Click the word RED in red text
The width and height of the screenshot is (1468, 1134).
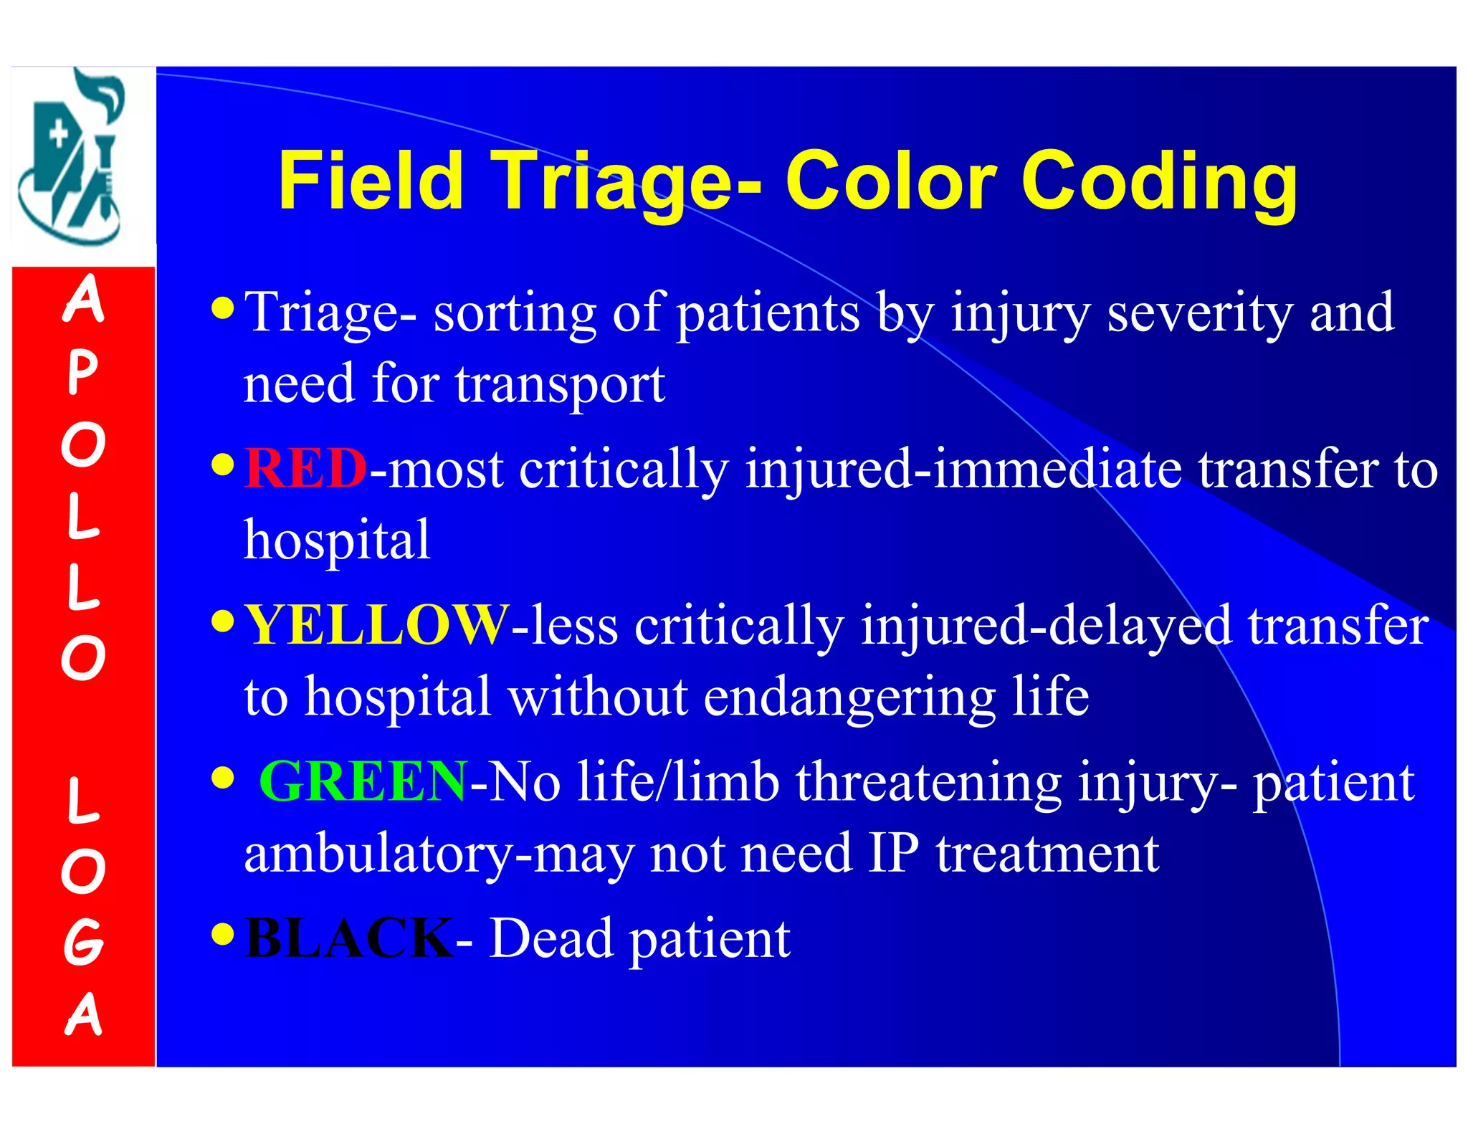[x=306, y=468]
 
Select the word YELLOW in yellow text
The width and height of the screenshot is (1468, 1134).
[x=376, y=625]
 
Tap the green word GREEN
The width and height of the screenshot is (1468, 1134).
[x=363, y=781]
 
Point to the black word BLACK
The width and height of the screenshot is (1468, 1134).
[x=349, y=938]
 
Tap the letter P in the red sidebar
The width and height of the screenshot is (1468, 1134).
[x=82, y=373]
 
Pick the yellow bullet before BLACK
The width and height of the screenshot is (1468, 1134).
[x=224, y=934]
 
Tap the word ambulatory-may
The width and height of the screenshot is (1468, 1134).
[x=438, y=854]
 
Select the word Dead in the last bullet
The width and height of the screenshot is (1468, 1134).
[x=550, y=938]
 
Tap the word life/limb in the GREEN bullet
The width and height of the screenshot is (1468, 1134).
[x=678, y=781]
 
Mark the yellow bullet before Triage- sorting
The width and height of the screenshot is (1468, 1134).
[x=224, y=308]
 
